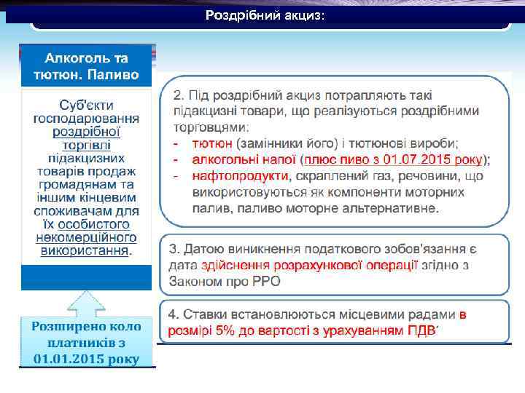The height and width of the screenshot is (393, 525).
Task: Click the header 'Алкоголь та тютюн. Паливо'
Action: [x=86, y=65]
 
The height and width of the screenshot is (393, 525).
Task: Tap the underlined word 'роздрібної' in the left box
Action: [x=86, y=132]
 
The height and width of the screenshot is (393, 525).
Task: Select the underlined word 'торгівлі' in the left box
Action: [x=86, y=145]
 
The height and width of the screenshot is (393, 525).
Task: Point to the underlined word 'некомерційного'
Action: [x=86, y=237]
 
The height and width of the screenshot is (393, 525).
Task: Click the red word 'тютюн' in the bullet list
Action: [x=212, y=143]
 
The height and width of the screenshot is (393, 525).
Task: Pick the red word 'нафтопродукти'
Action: [x=239, y=176]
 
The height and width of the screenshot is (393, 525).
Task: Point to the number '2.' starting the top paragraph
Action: [x=177, y=95]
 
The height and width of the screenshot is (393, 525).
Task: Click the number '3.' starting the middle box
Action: [x=175, y=250]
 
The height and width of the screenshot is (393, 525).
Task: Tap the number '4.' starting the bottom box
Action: [x=174, y=315]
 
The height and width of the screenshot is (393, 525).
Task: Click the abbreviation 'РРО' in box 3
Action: [x=265, y=281]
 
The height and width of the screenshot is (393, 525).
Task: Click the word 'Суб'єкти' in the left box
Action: [x=86, y=106]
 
